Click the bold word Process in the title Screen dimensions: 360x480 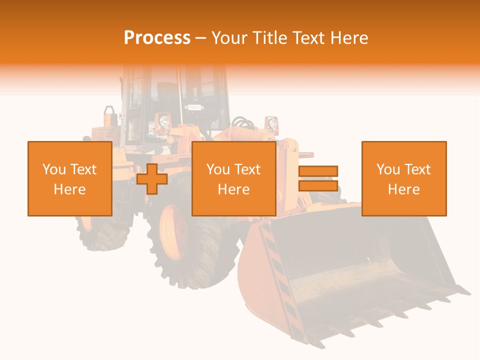(157, 38)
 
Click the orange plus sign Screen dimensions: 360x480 (152, 178)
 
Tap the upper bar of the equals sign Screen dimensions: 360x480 (318, 171)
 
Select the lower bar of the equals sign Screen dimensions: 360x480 (318, 185)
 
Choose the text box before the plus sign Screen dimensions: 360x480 (69, 178)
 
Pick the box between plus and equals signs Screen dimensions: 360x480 (233, 178)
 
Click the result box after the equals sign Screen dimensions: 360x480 (403, 178)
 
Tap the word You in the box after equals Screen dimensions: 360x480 (388, 169)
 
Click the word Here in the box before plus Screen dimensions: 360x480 (69, 189)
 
